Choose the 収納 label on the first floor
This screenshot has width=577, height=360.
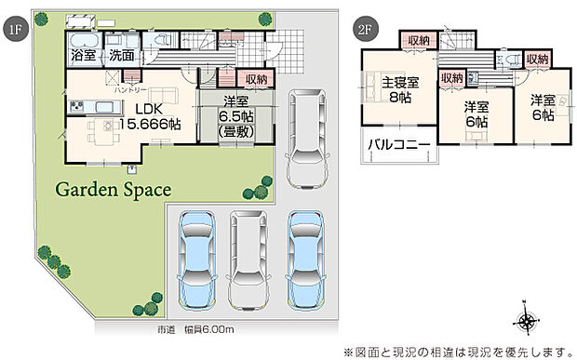[257, 79]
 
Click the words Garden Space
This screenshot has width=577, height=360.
[114, 190]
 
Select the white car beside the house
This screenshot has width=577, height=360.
[304, 138]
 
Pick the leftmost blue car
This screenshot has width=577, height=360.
[197, 257]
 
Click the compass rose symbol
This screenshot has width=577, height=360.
[527, 321]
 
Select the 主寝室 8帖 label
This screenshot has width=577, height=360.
[400, 88]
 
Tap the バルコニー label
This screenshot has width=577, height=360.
[398, 145]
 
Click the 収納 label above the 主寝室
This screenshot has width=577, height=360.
[416, 40]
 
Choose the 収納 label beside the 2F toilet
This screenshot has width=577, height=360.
[537, 59]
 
